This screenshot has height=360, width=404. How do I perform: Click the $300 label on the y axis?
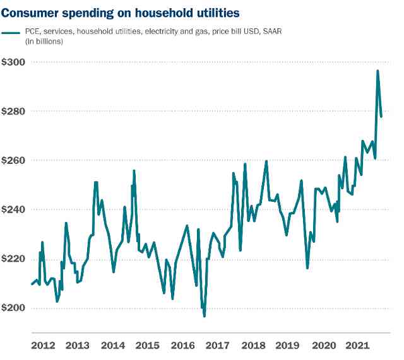14,62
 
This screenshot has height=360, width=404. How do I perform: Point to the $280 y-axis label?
14,111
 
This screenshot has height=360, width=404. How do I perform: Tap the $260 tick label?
14,160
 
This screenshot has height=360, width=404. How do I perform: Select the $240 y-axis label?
14,209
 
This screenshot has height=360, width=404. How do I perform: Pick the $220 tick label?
14,258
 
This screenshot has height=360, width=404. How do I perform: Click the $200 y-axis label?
14,308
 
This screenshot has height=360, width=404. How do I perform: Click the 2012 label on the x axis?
42,346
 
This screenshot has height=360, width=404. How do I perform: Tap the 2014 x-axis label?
112,346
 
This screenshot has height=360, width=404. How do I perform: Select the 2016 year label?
182,346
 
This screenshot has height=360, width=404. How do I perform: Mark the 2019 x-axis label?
288,346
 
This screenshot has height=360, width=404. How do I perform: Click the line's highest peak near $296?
377,71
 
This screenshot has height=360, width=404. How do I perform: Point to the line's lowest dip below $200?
204,316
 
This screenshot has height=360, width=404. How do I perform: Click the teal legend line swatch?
11,32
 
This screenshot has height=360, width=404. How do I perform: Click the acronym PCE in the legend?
33,32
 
